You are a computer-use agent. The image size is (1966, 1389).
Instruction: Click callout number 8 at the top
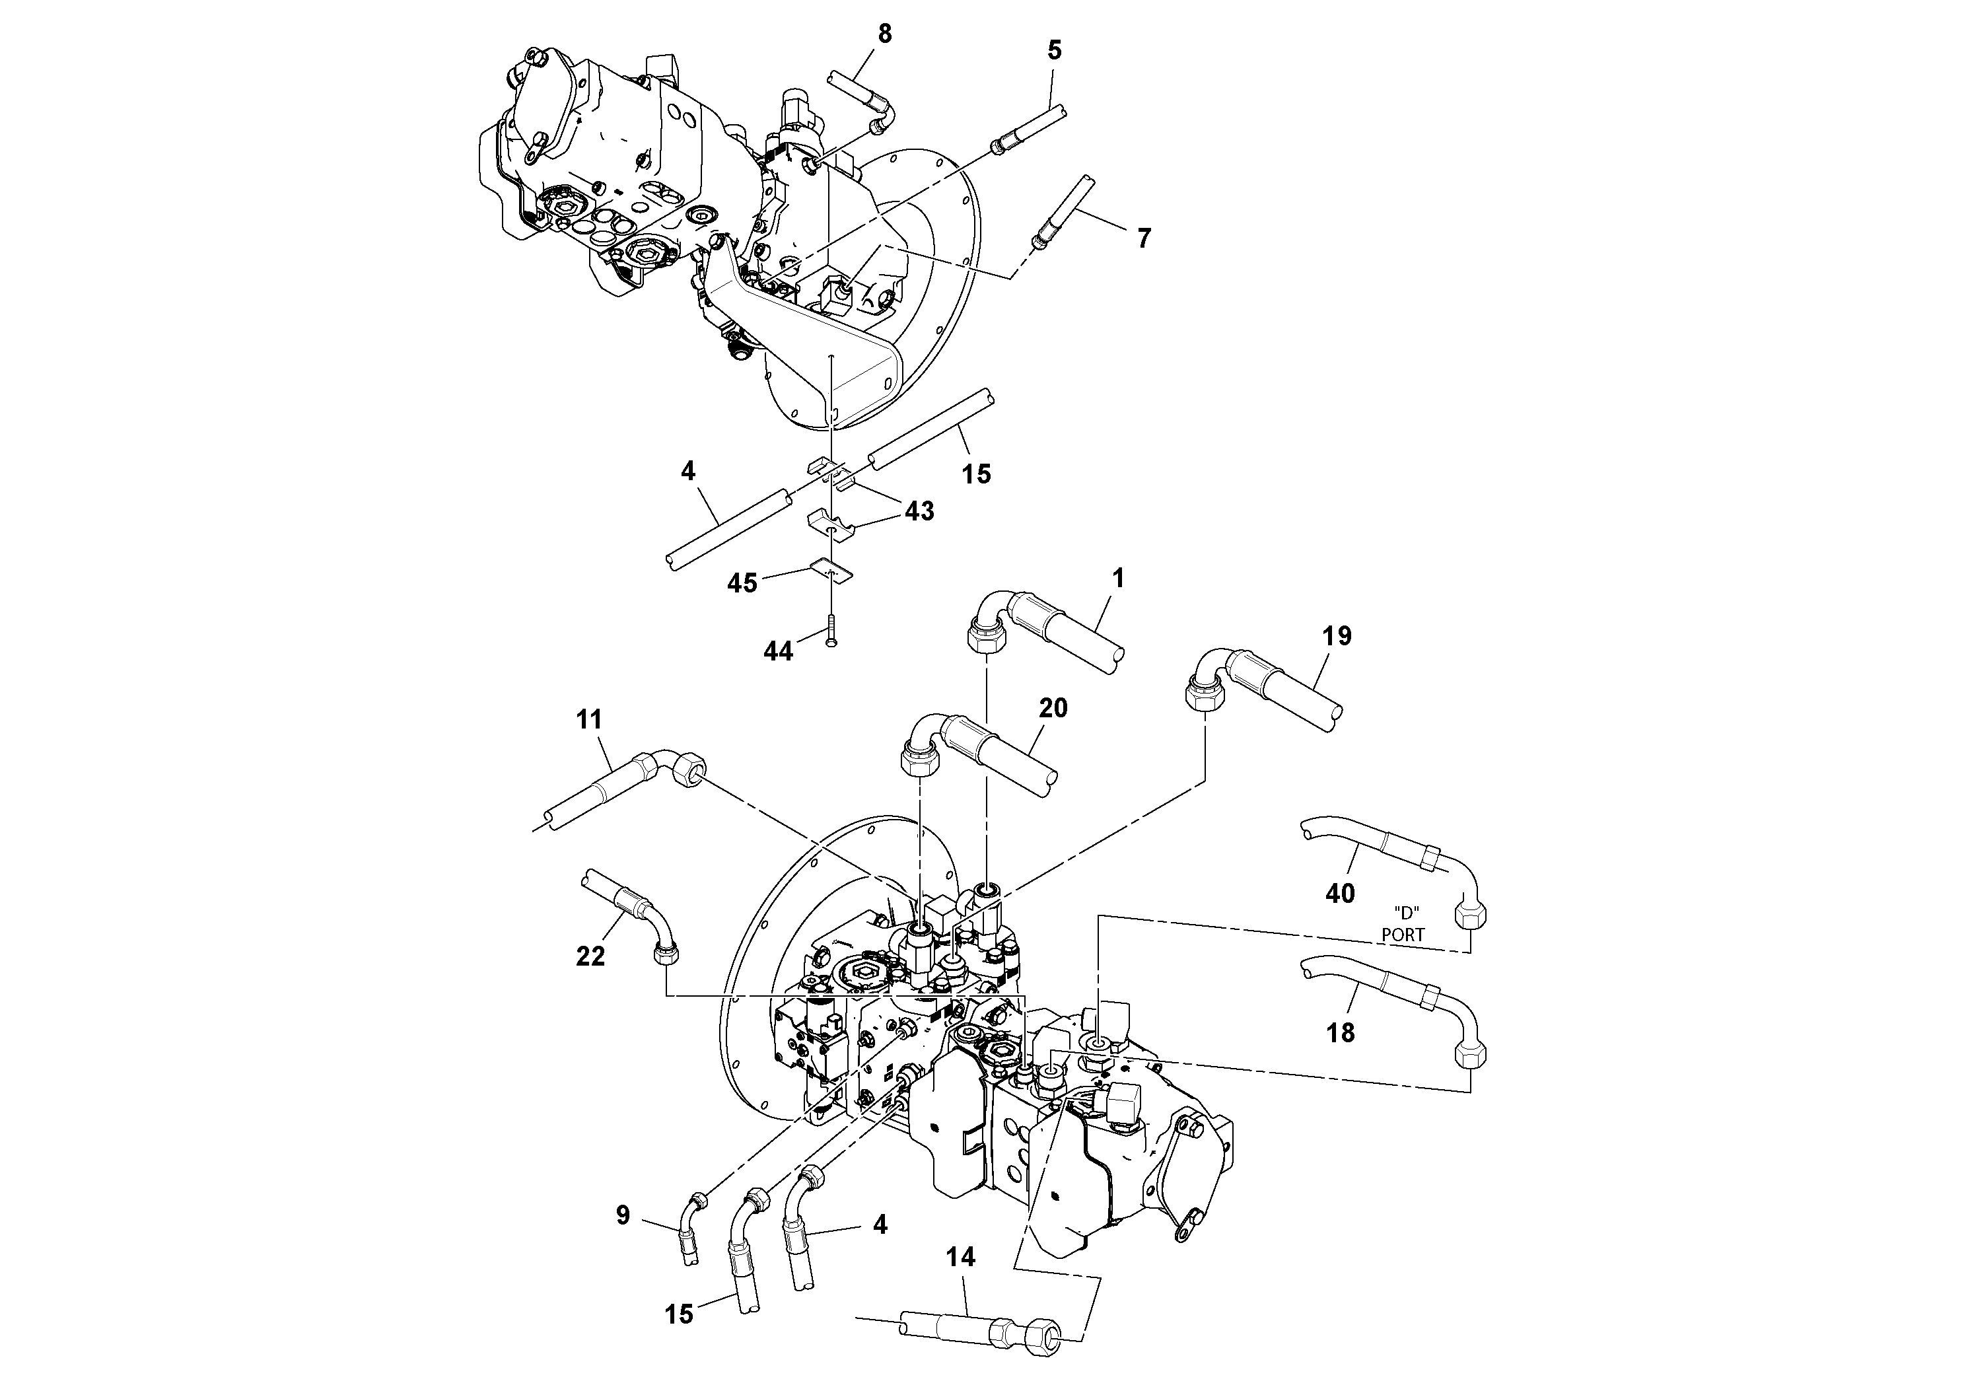pos(884,34)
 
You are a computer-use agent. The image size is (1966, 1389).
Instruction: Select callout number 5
pos(1055,50)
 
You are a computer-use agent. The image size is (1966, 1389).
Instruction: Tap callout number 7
pos(1144,238)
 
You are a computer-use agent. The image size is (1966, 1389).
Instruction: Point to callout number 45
pos(742,583)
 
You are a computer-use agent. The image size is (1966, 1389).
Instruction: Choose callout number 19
pos(1337,636)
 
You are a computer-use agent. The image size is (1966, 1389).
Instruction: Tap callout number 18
pos(1340,1034)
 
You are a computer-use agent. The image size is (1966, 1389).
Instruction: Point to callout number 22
pos(590,956)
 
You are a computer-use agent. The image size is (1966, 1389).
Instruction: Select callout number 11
pos(589,719)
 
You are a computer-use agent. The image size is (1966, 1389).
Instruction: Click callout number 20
pos(1053,708)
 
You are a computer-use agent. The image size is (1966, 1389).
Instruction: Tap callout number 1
pos(1117,579)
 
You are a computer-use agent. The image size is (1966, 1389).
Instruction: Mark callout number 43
pos(920,511)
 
